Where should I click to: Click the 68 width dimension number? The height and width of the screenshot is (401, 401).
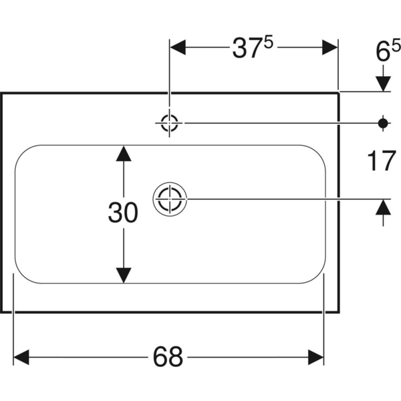click(168, 357)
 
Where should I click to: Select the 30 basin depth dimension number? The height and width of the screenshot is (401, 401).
click(123, 213)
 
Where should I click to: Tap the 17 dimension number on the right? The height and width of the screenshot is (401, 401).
click(382, 161)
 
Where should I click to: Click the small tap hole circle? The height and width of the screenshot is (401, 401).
click(170, 122)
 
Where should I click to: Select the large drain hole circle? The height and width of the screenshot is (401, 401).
click(170, 199)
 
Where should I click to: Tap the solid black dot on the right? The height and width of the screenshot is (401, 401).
click(383, 122)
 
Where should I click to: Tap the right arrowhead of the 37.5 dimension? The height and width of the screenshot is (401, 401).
click(330, 48)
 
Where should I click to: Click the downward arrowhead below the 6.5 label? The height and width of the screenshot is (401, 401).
click(383, 82)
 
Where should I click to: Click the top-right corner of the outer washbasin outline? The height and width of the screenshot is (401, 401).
click(340, 92)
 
